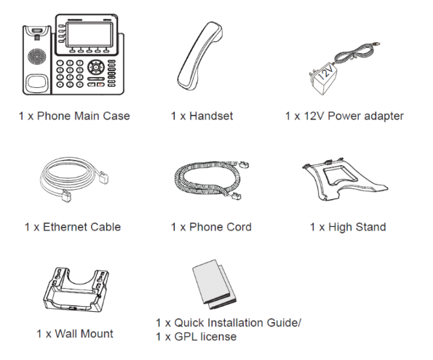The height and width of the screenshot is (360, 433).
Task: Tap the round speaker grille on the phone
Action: (x=36, y=57)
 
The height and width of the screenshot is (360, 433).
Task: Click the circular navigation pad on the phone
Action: (x=96, y=67)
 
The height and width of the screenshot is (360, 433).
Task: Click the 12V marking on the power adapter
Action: (x=326, y=73)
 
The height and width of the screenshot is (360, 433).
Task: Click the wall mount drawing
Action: (x=76, y=289)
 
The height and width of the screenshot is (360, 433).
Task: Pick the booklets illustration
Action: (x=214, y=284)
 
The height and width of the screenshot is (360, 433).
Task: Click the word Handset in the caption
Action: (x=211, y=116)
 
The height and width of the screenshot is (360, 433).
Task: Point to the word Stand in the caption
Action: (x=370, y=227)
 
